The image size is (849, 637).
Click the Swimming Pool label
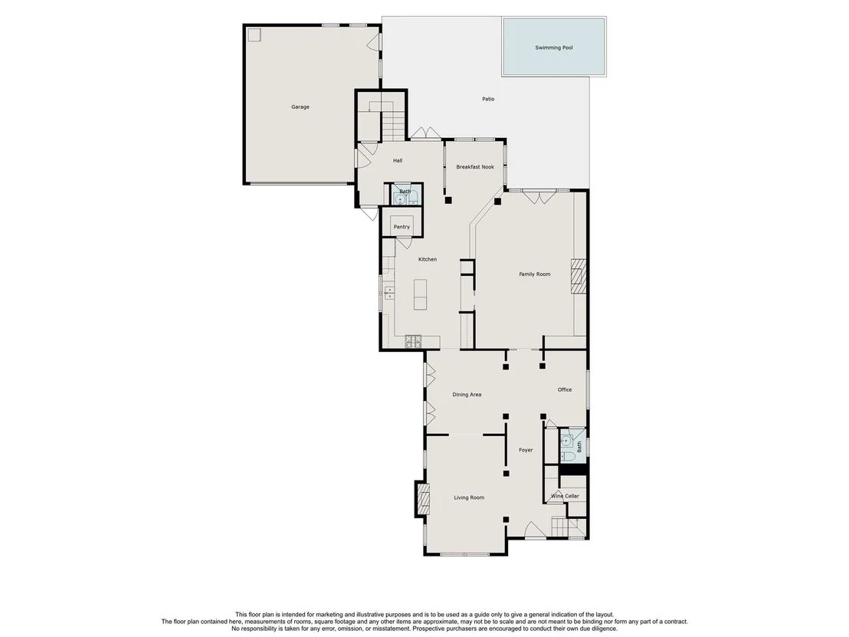554,48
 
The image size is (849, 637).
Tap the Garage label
300,107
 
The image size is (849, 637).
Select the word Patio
488,99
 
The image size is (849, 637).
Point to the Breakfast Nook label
475,167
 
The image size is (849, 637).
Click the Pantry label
402,227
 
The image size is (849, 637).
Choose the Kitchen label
428,259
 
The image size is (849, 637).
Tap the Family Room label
534,274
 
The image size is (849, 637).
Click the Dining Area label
467,394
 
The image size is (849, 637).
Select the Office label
565,389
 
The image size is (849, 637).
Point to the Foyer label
526,450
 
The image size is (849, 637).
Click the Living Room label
469,497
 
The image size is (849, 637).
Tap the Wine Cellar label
565,496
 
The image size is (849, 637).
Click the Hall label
398,160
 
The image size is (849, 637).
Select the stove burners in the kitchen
414,341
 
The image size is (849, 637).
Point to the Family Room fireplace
579,276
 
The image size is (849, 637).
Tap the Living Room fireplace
422,498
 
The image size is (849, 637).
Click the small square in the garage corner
254,34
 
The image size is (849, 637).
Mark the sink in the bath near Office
565,440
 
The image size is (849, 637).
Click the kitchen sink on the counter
388,293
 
